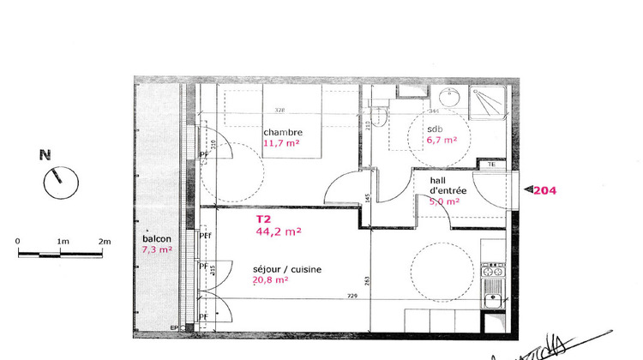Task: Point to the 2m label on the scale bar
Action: tap(105, 242)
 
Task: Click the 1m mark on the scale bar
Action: tap(63, 242)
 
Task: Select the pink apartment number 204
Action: tap(544, 190)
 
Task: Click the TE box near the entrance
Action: tap(491, 165)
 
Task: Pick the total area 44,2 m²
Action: tap(279, 231)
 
